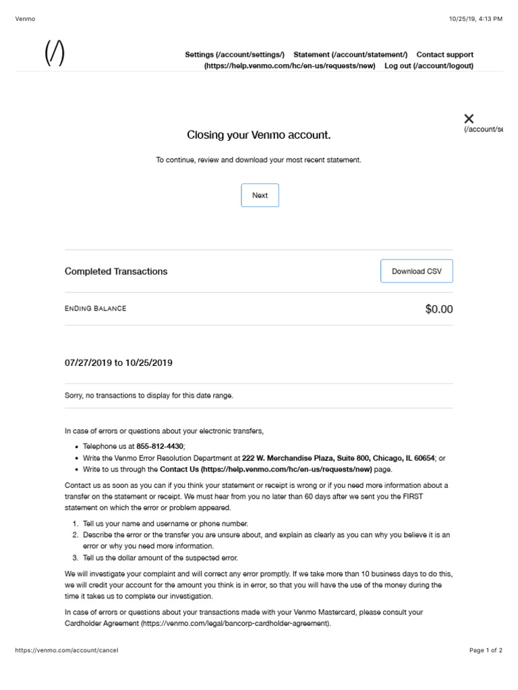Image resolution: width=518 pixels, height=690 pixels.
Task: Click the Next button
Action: (x=260, y=195)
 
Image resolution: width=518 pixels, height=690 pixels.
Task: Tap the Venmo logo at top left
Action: (x=55, y=53)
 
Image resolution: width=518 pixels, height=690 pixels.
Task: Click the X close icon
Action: (x=469, y=119)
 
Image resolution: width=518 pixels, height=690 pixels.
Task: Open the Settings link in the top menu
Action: (x=235, y=55)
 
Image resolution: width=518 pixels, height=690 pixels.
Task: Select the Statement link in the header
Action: (x=350, y=55)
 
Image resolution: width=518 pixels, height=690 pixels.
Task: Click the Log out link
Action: (x=428, y=66)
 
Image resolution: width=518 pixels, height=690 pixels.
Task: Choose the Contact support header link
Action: (x=444, y=55)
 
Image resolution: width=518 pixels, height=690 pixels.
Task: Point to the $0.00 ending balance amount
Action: (x=438, y=309)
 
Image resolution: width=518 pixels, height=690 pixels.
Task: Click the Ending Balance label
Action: (x=95, y=309)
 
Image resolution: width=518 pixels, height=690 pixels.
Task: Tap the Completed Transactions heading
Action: (x=116, y=272)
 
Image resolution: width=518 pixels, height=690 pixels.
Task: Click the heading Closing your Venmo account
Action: (x=259, y=135)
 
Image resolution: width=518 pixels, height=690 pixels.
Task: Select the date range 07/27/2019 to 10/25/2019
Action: (x=119, y=363)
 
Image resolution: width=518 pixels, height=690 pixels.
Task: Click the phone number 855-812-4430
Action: (x=160, y=446)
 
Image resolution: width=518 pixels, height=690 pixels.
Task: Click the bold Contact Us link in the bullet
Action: (x=266, y=469)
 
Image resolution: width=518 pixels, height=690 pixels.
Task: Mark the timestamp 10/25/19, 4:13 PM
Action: (x=475, y=19)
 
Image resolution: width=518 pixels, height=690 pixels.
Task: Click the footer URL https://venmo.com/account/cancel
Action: (x=66, y=650)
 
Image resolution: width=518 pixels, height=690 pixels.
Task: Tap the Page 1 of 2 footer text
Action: (x=486, y=650)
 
